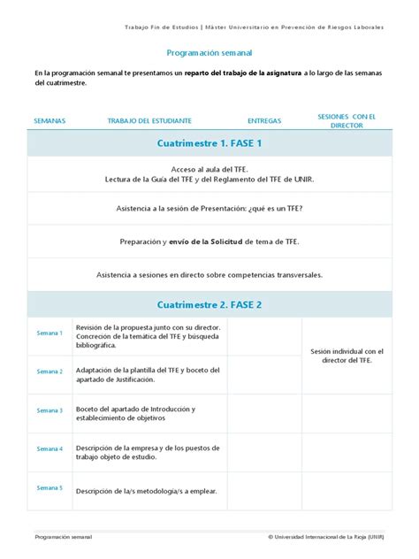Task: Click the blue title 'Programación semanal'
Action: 209,52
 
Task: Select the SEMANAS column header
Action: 49,120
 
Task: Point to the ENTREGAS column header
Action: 264,120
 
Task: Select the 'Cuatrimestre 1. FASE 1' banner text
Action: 209,143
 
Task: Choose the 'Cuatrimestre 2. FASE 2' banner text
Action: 209,304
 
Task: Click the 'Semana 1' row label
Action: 50,333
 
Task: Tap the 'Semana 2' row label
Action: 50,371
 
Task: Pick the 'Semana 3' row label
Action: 50,410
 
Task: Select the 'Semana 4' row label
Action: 50,449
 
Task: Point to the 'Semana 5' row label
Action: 50,487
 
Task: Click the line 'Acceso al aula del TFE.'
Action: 209,168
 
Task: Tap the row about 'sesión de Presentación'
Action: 209,208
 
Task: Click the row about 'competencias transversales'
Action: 209,274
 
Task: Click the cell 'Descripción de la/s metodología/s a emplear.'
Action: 146,491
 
